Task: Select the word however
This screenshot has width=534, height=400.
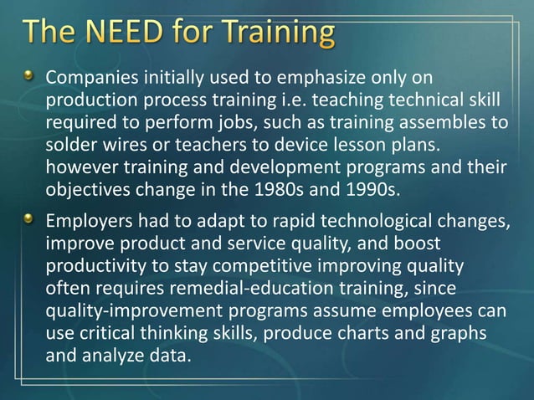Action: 80,166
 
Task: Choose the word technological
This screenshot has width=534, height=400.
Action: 374,221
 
